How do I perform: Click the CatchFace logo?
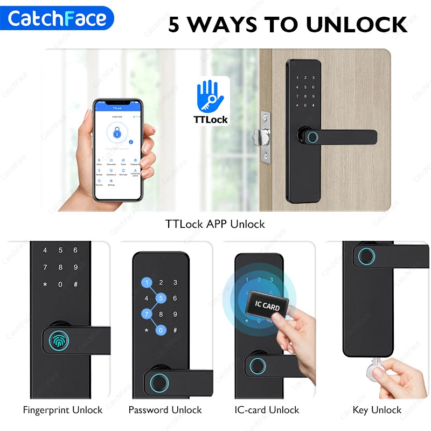(57, 18)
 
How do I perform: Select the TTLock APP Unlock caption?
(215, 224)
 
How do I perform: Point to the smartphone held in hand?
(118, 150)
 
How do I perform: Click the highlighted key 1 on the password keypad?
(146, 282)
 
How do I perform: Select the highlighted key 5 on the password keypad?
(161, 298)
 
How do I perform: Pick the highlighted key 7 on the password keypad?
(146, 314)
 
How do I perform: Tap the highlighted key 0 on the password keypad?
(161, 329)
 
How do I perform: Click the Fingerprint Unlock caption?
(62, 410)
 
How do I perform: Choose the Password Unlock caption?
(165, 410)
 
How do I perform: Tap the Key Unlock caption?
(377, 410)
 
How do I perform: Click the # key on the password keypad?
(176, 329)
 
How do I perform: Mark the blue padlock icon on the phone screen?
(117, 131)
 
